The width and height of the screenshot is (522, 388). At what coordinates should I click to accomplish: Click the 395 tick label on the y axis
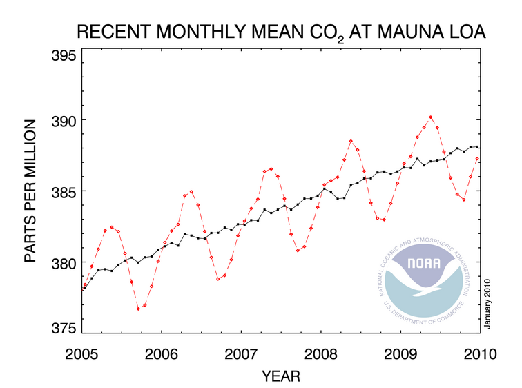(63, 55)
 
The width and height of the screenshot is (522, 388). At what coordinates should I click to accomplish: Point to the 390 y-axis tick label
(63, 120)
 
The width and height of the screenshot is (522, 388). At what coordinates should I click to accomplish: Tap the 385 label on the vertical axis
(63, 191)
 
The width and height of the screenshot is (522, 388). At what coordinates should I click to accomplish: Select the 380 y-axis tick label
(63, 262)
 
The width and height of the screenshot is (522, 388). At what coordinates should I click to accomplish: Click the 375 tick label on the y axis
(63, 328)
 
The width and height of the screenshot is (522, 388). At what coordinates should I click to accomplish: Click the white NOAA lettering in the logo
(423, 264)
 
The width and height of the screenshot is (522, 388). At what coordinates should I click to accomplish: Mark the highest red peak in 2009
(431, 117)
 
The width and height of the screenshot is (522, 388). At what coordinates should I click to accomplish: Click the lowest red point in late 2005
(138, 309)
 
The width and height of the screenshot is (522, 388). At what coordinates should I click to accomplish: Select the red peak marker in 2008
(351, 142)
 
